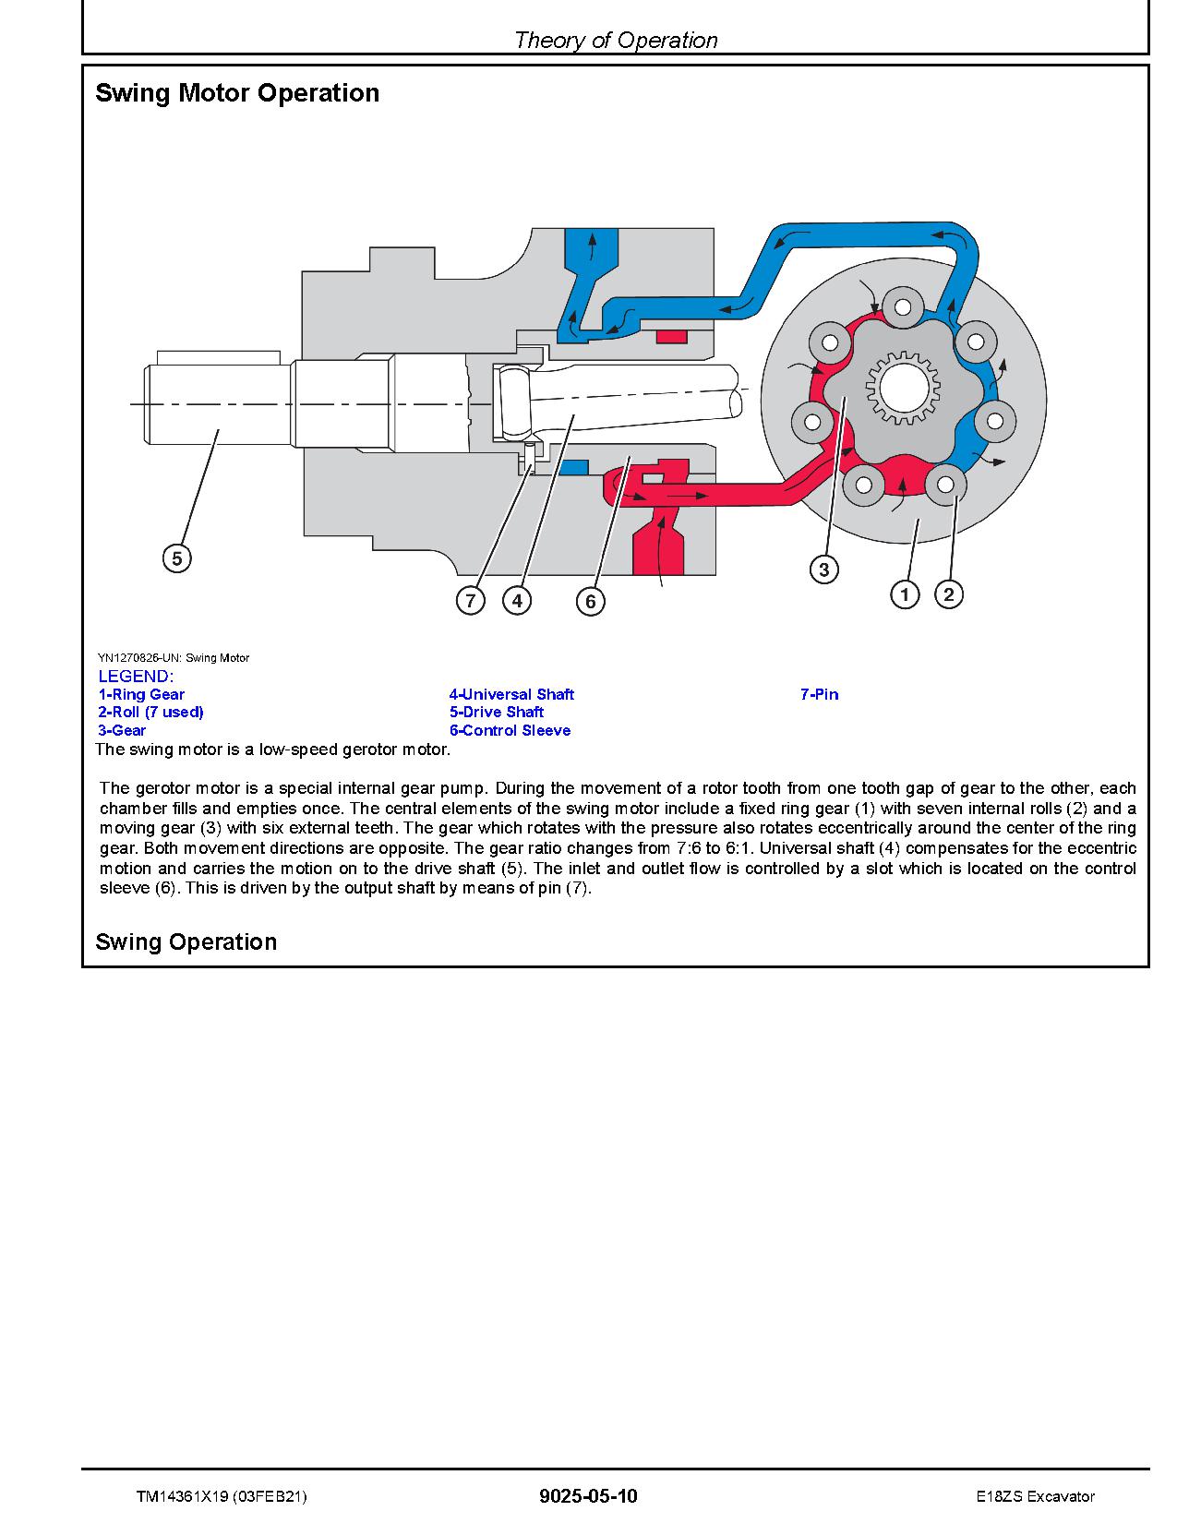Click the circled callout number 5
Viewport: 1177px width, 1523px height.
(x=176, y=558)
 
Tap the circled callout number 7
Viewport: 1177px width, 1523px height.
(x=471, y=601)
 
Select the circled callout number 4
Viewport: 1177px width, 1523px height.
(x=517, y=601)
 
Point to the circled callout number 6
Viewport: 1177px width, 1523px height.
(x=591, y=602)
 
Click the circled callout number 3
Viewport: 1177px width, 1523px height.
(x=824, y=570)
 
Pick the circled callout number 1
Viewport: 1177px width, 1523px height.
(x=905, y=594)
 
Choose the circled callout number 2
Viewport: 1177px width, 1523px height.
(x=949, y=594)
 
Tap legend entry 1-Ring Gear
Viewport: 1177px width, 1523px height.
(x=141, y=694)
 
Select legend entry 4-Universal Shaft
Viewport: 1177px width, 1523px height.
(x=511, y=694)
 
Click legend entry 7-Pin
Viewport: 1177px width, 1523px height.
(x=819, y=694)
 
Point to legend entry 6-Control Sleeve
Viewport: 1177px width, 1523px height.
(x=510, y=730)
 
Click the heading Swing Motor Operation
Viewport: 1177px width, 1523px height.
(x=237, y=93)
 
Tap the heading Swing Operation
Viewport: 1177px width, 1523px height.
(x=186, y=941)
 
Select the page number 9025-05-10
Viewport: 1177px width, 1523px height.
(x=588, y=1496)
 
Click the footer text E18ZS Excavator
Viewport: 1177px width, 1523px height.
(x=1035, y=1496)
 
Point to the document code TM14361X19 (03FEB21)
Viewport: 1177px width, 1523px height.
(x=221, y=1496)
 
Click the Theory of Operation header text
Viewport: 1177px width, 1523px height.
(x=616, y=40)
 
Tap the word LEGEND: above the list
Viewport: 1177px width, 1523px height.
(x=135, y=677)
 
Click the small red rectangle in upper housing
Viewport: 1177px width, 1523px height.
(x=672, y=335)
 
